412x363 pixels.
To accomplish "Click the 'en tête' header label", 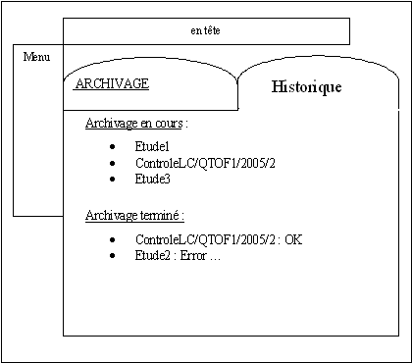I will click(x=205, y=31).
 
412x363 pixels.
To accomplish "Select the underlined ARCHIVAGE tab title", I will click(x=112, y=83).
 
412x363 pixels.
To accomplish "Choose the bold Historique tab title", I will click(x=306, y=87).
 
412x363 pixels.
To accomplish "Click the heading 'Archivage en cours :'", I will click(x=136, y=125).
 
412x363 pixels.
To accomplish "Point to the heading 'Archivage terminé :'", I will click(x=135, y=215).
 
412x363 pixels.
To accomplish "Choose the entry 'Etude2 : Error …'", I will click(x=178, y=256).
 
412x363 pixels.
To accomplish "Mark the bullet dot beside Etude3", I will click(x=114, y=181).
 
